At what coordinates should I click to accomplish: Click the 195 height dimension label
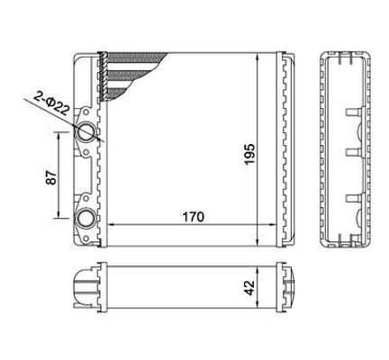249,154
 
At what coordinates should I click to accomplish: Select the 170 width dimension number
194,217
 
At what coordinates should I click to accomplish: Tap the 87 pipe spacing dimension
51,177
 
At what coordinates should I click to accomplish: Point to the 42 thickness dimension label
249,288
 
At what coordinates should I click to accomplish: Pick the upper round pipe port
86,131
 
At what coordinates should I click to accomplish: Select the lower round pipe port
86,219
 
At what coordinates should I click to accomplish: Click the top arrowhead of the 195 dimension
258,58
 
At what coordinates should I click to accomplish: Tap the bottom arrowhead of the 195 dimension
258,241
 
